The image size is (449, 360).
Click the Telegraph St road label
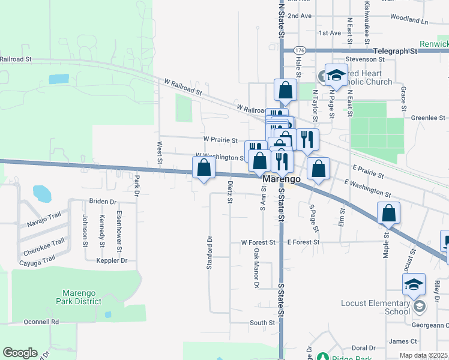[394, 52]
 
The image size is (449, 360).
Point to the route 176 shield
[300, 51]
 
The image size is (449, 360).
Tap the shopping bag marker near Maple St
[389, 213]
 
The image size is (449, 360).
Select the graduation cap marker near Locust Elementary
[414, 284]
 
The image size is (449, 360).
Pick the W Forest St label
[258, 242]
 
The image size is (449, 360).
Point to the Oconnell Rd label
[41, 322]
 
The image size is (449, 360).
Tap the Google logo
[20, 353]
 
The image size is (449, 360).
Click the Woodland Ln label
[408, 20]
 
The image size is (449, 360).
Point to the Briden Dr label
[103, 202]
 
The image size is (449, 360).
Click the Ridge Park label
[344, 356]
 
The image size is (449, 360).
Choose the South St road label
[262, 323]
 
